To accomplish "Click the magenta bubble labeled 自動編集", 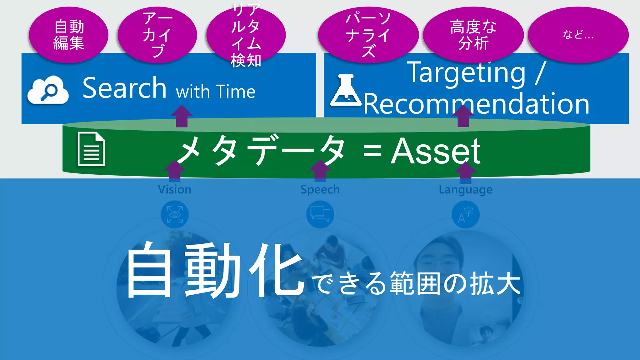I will (x=68, y=35).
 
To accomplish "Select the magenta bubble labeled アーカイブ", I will (x=157, y=35).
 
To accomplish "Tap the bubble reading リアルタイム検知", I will (x=246, y=35).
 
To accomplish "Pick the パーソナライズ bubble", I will (x=368, y=35).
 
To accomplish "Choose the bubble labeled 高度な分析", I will (x=473, y=35).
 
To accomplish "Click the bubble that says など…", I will (x=578, y=35).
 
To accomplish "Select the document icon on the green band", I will (x=91, y=149).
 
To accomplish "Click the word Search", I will (x=124, y=88).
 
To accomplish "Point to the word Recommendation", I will (x=476, y=104).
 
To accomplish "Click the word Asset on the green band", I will (x=436, y=151).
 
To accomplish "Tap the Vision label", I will (x=174, y=190).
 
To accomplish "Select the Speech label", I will (x=320, y=190).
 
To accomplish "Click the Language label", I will (x=465, y=190).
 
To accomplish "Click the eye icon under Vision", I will (x=174, y=214).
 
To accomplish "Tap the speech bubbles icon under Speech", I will (x=320, y=214).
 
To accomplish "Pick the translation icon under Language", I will (x=466, y=214).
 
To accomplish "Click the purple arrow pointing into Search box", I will (x=182, y=116).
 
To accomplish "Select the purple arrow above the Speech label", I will (x=320, y=171).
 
